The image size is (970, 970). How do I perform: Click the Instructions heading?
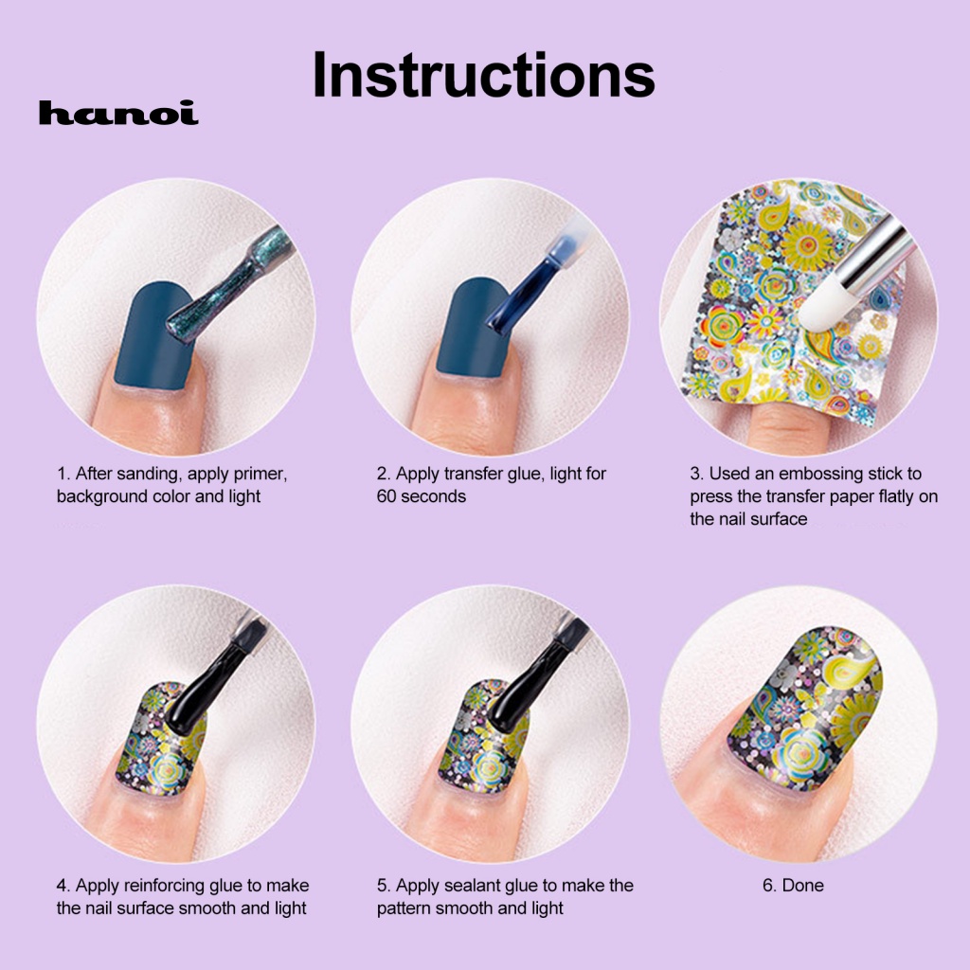483,76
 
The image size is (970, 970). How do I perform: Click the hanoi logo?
118,115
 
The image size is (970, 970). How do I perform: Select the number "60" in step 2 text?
386,496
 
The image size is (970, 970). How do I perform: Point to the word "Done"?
803,886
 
